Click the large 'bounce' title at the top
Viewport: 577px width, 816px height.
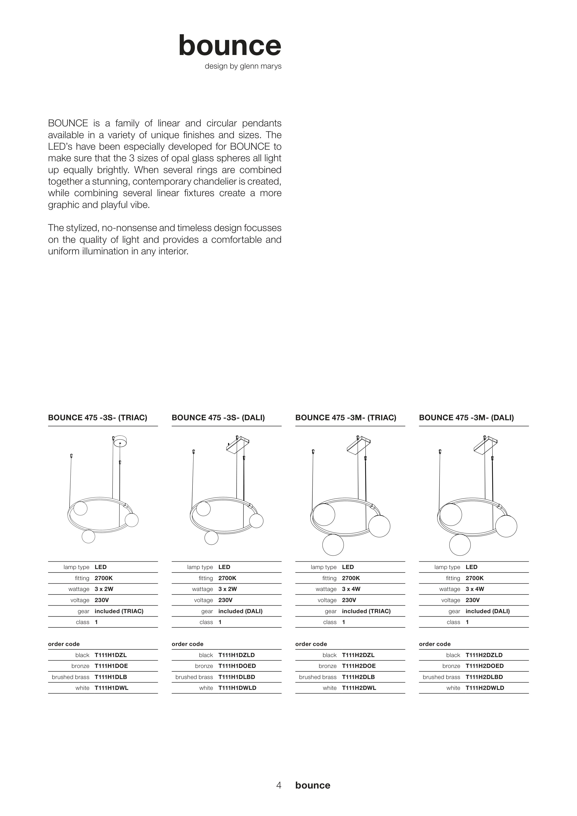click(x=230, y=46)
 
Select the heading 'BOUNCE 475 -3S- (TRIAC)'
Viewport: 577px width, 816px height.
click(x=98, y=418)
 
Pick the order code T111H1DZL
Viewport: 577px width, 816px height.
click(x=110, y=655)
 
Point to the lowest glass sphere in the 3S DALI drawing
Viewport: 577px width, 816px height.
click(x=211, y=538)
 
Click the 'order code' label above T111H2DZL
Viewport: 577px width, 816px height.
click(x=311, y=644)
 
